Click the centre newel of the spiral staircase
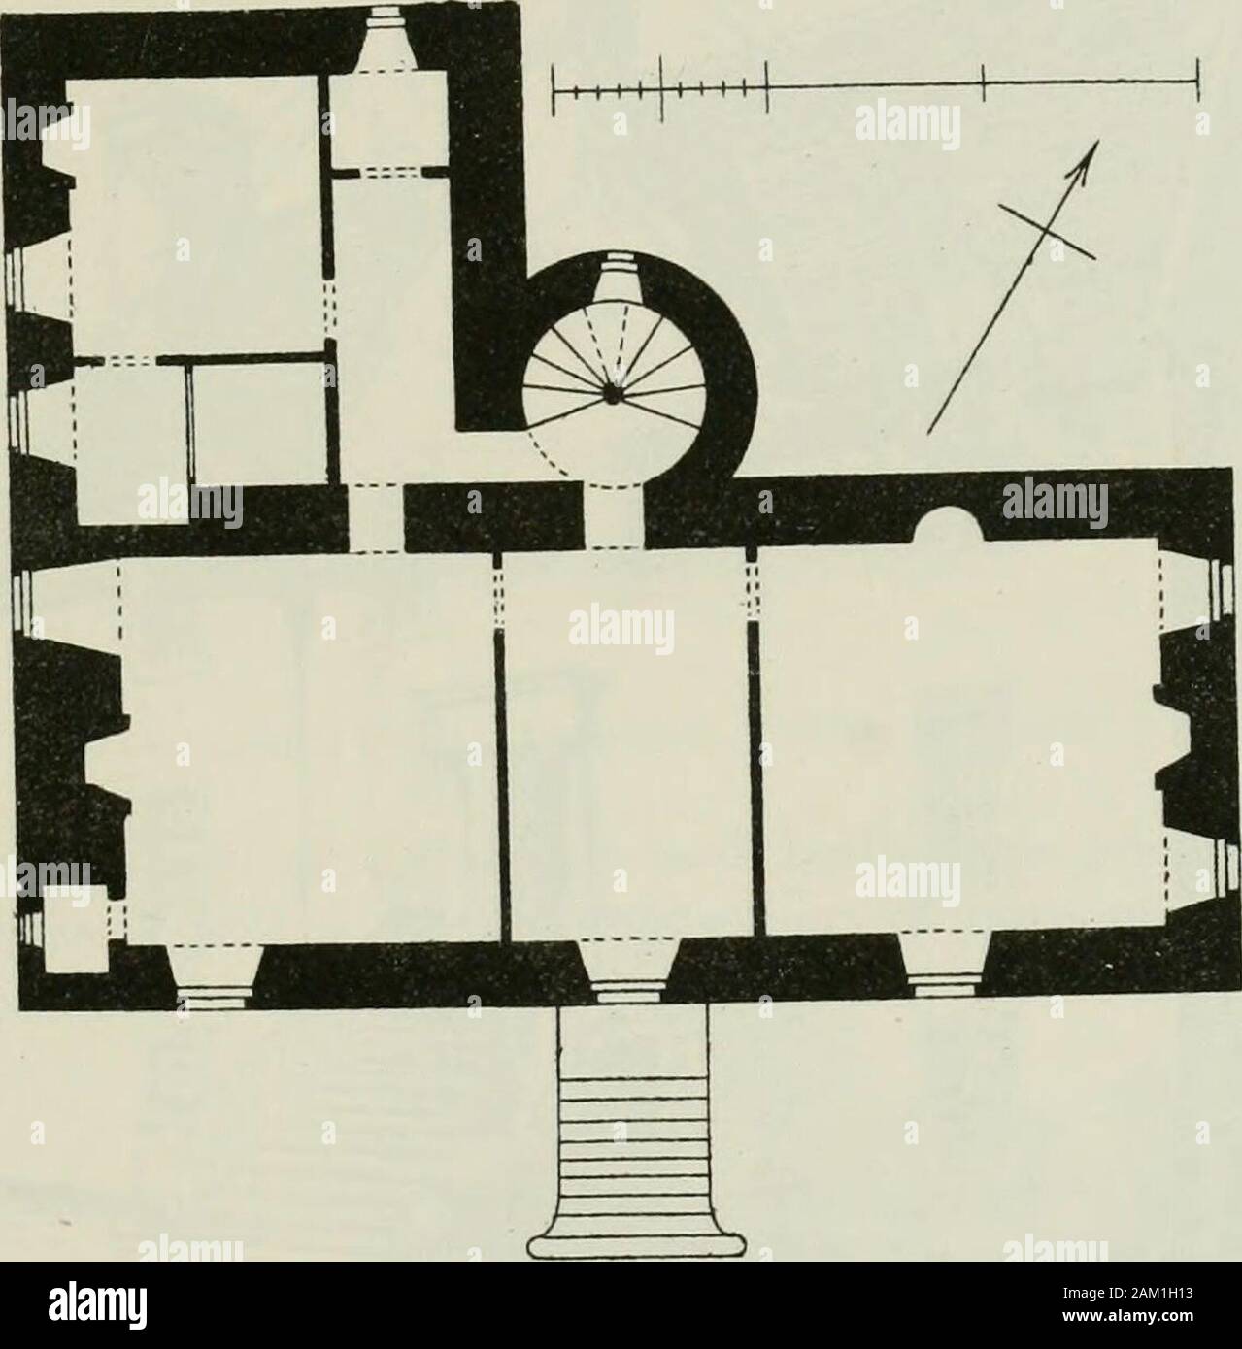point(612,395)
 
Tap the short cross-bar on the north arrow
point(1046,232)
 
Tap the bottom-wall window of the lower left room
point(215,975)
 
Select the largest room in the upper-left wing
point(194,215)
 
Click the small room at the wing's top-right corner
point(389,118)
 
